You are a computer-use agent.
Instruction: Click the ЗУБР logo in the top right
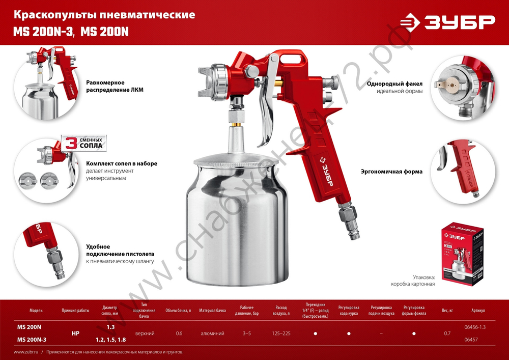click(447, 21)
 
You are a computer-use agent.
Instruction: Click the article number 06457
click(473, 339)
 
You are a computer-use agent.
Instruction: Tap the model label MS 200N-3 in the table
click(32, 340)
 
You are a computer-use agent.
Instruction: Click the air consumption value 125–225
click(281, 333)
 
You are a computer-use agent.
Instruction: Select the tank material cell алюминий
click(213, 333)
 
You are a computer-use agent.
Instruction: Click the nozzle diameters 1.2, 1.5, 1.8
click(110, 340)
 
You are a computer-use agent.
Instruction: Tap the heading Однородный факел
click(399, 83)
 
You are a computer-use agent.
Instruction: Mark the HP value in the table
click(75, 333)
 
